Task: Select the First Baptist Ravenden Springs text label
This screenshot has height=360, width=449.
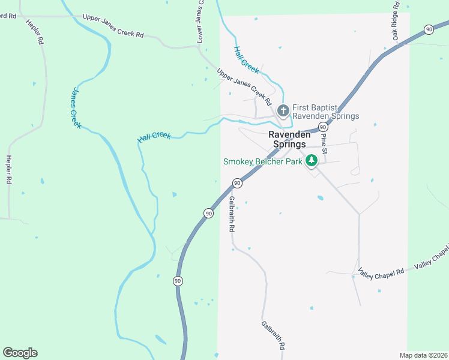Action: pyautogui.click(x=325, y=112)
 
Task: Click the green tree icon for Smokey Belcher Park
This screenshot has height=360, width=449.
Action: pyautogui.click(x=311, y=160)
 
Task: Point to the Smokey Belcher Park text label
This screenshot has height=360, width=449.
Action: pyautogui.click(x=262, y=161)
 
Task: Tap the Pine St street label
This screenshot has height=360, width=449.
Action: pyautogui.click(x=324, y=144)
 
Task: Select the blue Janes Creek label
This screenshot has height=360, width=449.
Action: pyautogui.click(x=76, y=108)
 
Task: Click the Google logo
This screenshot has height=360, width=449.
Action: pyautogui.click(x=20, y=353)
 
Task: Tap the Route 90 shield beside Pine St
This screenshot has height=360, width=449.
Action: pyautogui.click(x=323, y=127)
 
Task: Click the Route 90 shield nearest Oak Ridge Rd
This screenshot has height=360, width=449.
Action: pyautogui.click(x=428, y=29)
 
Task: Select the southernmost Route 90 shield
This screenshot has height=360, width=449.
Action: pyautogui.click(x=178, y=280)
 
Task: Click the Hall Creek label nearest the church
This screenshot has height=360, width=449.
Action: pyautogui.click(x=246, y=60)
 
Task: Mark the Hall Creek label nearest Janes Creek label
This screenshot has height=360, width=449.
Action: pyautogui.click(x=154, y=137)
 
